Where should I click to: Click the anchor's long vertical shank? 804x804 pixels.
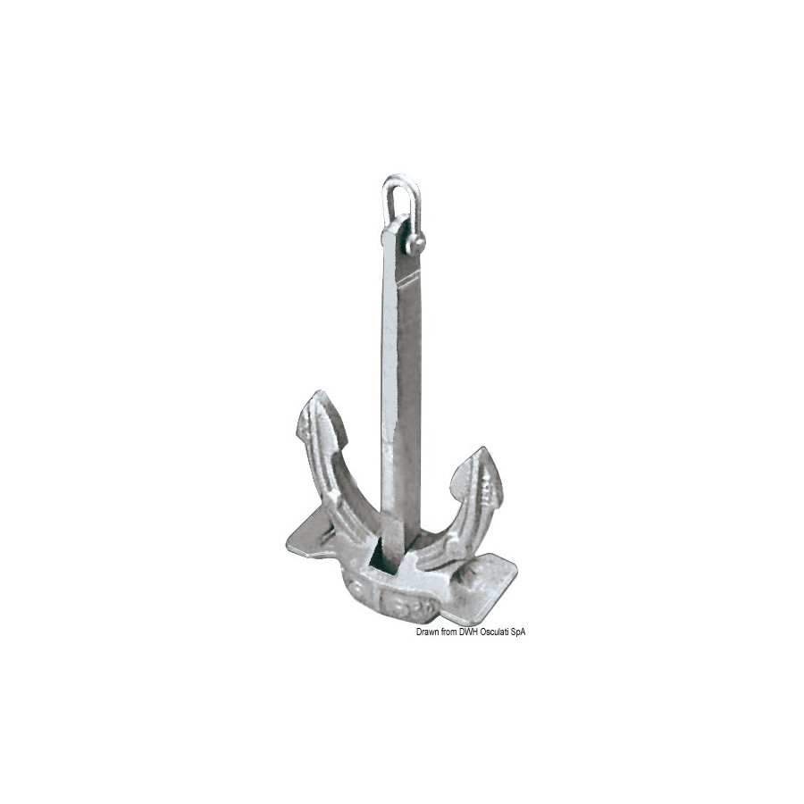pos(400,389)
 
